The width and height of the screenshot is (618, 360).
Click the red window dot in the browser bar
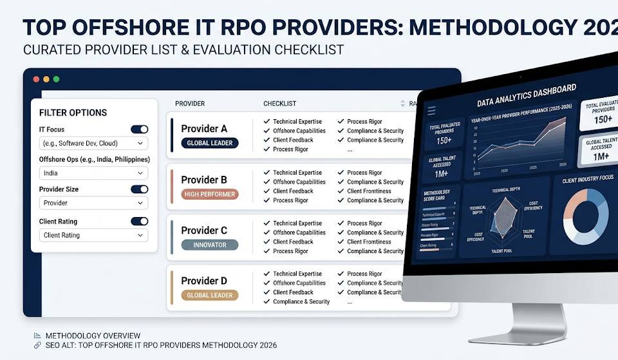click(x=35, y=79)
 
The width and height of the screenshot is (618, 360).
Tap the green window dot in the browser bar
click(x=56, y=79)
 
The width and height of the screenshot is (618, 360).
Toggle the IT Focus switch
click(x=139, y=129)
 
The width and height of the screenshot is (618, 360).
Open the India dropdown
click(x=93, y=173)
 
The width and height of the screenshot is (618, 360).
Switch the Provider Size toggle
click(x=139, y=189)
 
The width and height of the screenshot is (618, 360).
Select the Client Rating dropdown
click(x=93, y=236)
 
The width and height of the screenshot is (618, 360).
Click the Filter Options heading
click(x=73, y=113)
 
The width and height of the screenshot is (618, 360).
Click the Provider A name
click(x=204, y=129)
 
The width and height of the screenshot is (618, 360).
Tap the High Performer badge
click(x=210, y=194)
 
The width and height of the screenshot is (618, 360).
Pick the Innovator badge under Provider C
click(x=210, y=245)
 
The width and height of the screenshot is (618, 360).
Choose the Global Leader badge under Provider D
click(x=210, y=295)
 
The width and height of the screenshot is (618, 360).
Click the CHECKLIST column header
click(x=279, y=104)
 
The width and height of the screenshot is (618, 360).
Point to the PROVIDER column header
click(x=190, y=104)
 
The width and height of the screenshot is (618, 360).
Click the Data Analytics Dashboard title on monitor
click(x=526, y=95)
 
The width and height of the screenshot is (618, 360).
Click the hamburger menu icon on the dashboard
click(x=432, y=111)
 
